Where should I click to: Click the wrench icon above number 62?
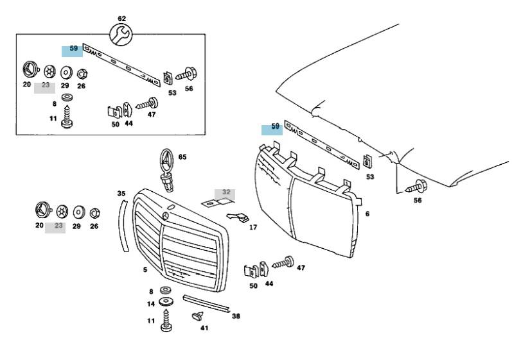[x=121, y=35]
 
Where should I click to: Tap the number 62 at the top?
[x=121, y=19]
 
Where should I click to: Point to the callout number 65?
[x=182, y=156]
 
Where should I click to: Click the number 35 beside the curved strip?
[x=121, y=193]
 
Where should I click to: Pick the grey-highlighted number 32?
[x=225, y=192]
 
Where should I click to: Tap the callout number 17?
[x=253, y=227]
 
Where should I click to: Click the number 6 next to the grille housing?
[x=367, y=214]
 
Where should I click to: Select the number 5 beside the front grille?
[x=145, y=269]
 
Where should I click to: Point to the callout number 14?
[x=151, y=304]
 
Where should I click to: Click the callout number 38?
[x=236, y=316]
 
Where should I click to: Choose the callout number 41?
[x=204, y=328]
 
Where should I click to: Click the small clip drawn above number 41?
[x=197, y=316]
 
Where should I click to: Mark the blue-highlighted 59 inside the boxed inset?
[x=73, y=49]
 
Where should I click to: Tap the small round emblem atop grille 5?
[x=172, y=209]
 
